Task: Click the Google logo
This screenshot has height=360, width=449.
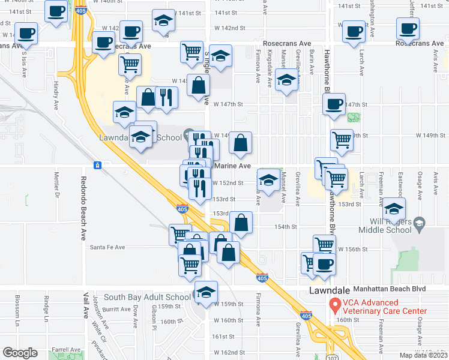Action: pos(20,352)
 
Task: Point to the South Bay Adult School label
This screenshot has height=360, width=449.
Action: pos(146,297)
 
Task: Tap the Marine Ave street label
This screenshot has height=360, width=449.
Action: pos(228,167)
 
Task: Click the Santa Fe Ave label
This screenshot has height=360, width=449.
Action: pos(107,247)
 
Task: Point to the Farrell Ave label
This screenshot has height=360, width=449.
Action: pos(66,349)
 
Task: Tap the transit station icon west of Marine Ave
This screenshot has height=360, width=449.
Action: pos(97,165)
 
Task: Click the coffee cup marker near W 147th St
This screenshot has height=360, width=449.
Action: pos(334,103)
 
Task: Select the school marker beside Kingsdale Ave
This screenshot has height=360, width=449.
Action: pos(287,80)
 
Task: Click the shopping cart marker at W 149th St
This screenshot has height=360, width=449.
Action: pos(342,140)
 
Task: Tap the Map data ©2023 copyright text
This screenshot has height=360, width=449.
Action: pos(423,355)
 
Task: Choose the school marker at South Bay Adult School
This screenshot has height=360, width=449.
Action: pos(205,292)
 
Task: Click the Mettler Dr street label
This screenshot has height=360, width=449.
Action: pos(58,184)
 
